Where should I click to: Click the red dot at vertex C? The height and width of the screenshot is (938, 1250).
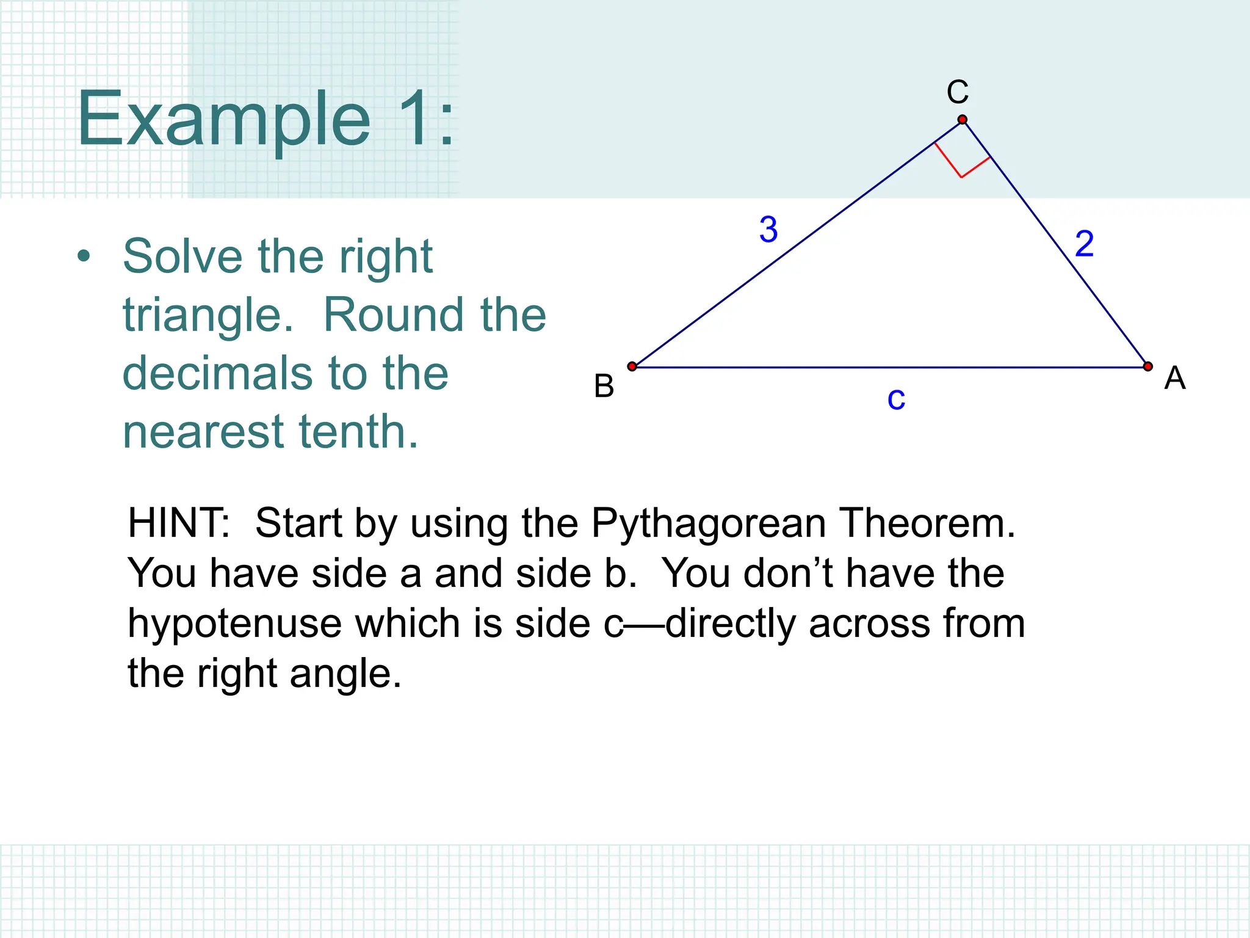point(963,120)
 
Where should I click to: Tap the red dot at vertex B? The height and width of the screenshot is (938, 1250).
point(632,366)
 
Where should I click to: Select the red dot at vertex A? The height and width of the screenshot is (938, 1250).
point(1148,366)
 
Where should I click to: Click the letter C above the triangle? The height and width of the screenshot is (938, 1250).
point(958,93)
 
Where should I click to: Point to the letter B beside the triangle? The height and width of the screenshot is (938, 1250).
point(604,386)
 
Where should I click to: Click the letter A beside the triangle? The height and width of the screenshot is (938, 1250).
point(1175,378)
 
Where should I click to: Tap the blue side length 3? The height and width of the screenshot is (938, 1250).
point(768,230)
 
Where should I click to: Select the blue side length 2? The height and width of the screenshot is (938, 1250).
point(1084,244)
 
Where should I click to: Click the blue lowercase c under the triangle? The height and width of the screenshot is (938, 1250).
point(896,399)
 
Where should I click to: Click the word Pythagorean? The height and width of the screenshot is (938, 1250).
point(708,523)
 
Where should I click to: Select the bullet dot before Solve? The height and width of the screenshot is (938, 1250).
point(84,256)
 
